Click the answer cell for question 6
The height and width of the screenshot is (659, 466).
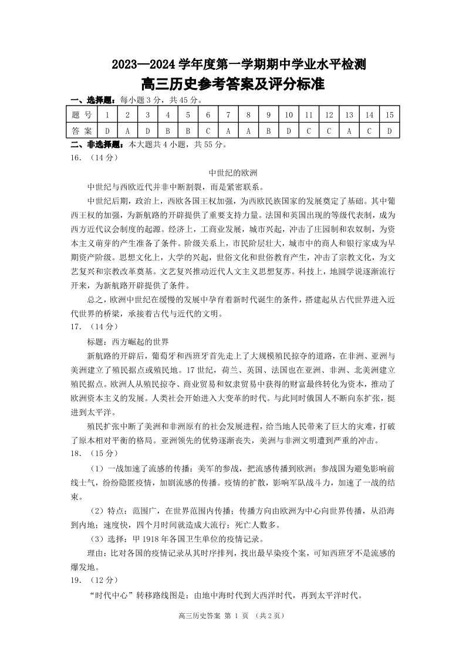point(208,131)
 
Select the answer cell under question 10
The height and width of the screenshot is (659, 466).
point(288,131)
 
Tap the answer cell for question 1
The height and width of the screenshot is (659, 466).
point(107,131)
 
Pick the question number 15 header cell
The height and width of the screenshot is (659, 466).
point(389,115)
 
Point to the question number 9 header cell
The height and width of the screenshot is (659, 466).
point(268,115)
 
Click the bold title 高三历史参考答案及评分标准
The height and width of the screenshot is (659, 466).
point(233,84)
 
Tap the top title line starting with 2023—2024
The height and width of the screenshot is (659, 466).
point(233,65)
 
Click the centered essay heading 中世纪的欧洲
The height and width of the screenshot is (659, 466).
point(233,173)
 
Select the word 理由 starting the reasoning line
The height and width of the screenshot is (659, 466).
point(94,553)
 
